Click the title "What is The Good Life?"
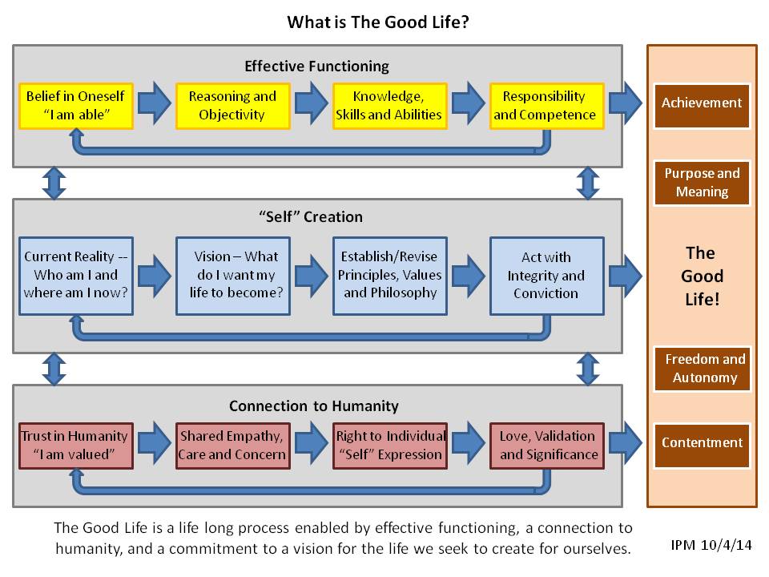tap(378, 22)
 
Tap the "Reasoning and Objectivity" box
tap(232, 105)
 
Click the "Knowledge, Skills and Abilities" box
tap(389, 105)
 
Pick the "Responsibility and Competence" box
tap(545, 105)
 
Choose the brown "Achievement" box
tap(702, 103)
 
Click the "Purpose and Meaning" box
tap(702, 183)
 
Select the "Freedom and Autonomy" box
tap(702, 369)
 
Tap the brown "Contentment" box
tap(702, 443)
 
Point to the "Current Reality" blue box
tap(76, 275)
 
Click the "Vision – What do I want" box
tap(232, 275)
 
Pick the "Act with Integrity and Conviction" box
tap(546, 275)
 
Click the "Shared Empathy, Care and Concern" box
tap(233, 445)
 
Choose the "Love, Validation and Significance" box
tap(546, 445)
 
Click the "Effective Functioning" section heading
tap(316, 66)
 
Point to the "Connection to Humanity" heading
tap(314, 406)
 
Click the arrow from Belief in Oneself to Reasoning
tap(153, 103)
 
